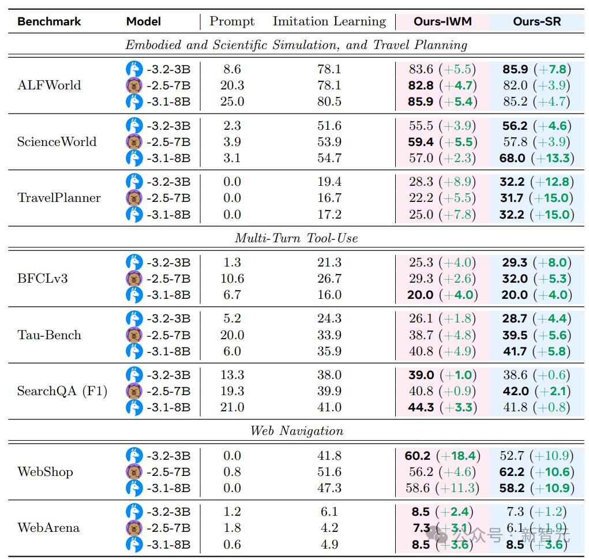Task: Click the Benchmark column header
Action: tap(49, 22)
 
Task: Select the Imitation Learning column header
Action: tap(329, 22)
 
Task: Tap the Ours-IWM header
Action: tap(442, 22)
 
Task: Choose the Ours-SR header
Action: tap(537, 22)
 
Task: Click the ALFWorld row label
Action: tap(49, 85)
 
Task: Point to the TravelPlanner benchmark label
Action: tap(59, 198)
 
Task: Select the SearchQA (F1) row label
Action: tap(62, 391)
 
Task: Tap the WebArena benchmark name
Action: tap(48, 528)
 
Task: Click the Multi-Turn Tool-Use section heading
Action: tap(296, 238)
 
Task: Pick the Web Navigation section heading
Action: tap(297, 431)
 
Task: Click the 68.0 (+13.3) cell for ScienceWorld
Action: tap(536, 158)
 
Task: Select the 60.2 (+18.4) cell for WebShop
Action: tap(441, 456)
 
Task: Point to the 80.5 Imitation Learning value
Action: tap(329, 102)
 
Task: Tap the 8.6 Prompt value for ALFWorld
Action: tap(232, 69)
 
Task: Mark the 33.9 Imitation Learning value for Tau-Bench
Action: tap(329, 335)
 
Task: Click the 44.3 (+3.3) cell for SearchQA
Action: tap(441, 407)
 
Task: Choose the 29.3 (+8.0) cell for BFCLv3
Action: tap(536, 262)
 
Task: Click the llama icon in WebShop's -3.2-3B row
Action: tap(134, 456)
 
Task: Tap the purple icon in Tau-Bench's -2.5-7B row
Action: tap(134, 335)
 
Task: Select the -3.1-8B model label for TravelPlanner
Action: tap(168, 215)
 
